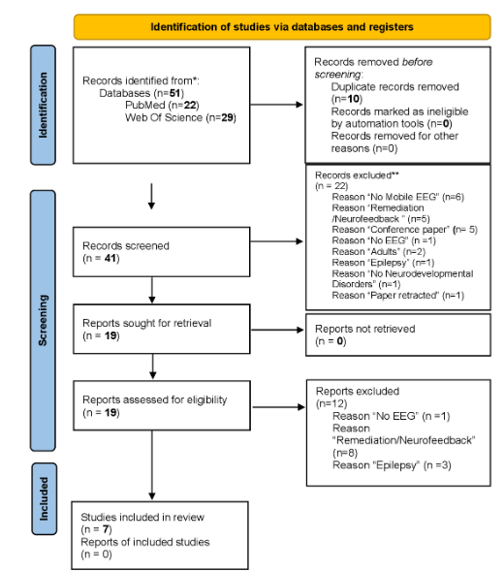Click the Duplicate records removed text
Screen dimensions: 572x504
click(388, 85)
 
